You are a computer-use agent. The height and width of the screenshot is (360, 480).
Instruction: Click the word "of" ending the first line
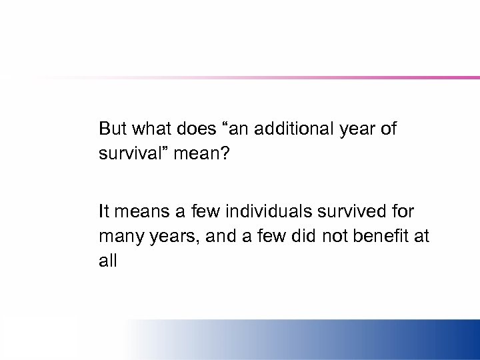point(388,129)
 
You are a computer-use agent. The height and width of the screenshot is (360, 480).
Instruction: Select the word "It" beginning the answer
point(103,212)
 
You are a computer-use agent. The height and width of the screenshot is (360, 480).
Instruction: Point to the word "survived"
point(349,212)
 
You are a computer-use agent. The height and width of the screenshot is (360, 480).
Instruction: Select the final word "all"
point(107,261)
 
